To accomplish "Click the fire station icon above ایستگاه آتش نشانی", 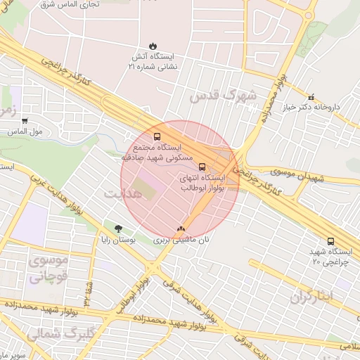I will [x=153, y=46].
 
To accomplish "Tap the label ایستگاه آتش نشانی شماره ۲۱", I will [x=153, y=60].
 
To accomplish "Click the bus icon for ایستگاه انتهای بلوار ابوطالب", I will [x=202, y=167].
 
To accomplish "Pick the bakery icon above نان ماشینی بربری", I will [x=181, y=229].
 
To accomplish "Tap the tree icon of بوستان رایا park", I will [x=118, y=228].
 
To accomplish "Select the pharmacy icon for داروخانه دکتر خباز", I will [x=311, y=96].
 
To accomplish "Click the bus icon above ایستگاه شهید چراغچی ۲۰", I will [x=330, y=240].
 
